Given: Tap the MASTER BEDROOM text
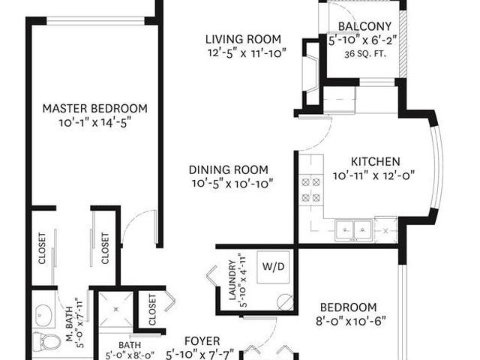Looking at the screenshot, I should pyautogui.click(x=94, y=108).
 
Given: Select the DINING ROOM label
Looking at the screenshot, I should pyautogui.click(x=229, y=169).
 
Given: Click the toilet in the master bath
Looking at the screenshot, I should pyautogui.click(x=49, y=342).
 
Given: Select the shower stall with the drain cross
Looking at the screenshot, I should pyautogui.click(x=116, y=308).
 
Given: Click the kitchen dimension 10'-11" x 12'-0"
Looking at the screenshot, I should pyautogui.click(x=373, y=177).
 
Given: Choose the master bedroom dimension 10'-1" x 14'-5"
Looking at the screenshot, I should pyautogui.click(x=94, y=122).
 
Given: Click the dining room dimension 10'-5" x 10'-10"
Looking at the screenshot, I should pyautogui.click(x=230, y=183).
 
